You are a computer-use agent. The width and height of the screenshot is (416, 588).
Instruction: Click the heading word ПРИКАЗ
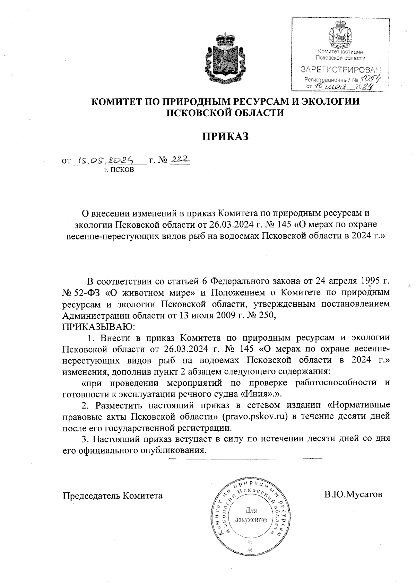pyautogui.click(x=226, y=137)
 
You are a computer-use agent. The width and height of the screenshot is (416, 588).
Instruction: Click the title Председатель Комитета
pyautogui.click(x=112, y=495)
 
